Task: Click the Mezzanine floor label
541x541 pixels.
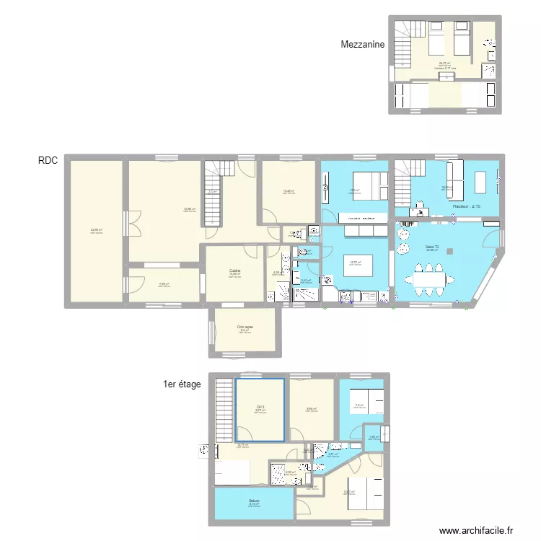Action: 364,44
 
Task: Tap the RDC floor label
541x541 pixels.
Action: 48,161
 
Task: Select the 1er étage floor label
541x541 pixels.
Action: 182,384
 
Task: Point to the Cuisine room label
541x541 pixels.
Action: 234,271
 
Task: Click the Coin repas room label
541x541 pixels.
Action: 245,327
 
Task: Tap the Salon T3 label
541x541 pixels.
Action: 431,247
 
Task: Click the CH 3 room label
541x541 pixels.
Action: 260,407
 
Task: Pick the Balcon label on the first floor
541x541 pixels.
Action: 254,501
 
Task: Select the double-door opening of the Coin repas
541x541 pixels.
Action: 211,332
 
